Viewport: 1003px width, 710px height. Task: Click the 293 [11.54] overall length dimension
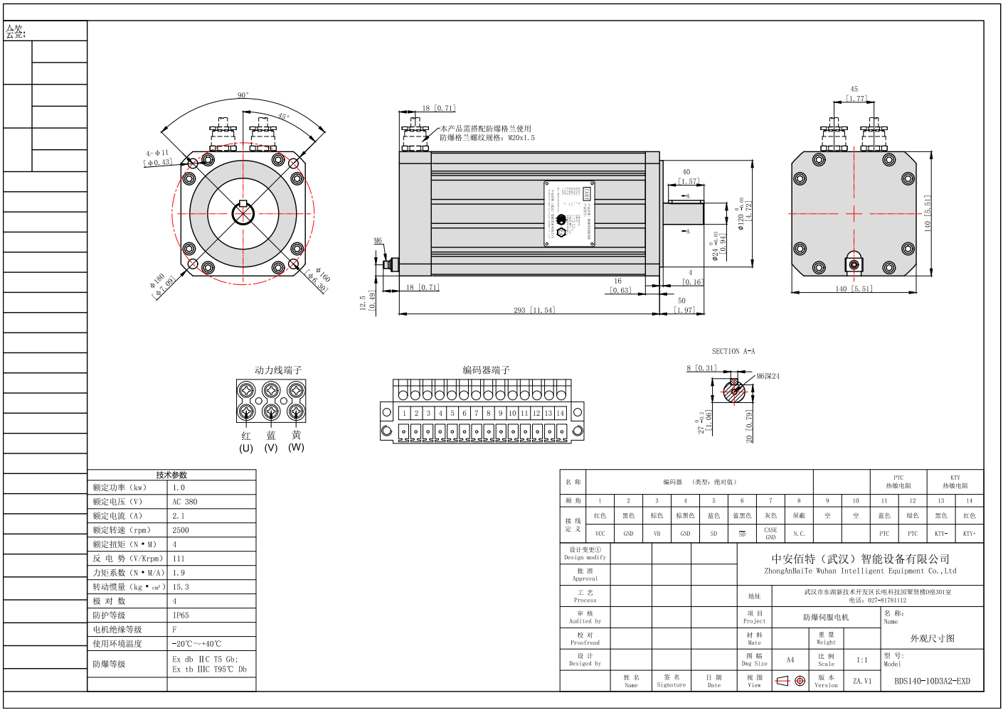[x=534, y=310]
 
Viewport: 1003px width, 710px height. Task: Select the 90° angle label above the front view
[x=243, y=95]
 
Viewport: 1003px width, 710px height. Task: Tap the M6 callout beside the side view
[x=378, y=241]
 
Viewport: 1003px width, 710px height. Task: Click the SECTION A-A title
[x=733, y=351]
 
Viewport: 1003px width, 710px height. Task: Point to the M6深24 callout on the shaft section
[x=768, y=376]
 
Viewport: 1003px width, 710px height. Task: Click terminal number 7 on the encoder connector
[x=477, y=413]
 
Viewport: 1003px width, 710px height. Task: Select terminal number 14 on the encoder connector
[x=561, y=413]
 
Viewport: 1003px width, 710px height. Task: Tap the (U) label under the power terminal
[x=246, y=448]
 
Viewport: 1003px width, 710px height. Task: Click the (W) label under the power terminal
[x=296, y=447]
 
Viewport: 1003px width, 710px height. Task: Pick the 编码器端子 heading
[x=486, y=370]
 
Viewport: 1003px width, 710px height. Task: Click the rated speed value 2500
[x=181, y=530]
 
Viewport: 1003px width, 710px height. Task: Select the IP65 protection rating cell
[x=181, y=615]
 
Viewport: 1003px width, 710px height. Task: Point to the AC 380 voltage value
[x=185, y=502]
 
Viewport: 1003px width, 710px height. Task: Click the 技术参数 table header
[x=171, y=475]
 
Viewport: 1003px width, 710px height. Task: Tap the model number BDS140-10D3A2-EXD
[x=932, y=681]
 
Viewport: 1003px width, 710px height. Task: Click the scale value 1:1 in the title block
[x=862, y=660]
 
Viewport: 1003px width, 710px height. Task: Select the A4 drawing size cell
[x=790, y=660]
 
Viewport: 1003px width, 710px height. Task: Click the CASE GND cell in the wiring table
[x=770, y=533]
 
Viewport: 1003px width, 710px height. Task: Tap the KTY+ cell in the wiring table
[x=970, y=533]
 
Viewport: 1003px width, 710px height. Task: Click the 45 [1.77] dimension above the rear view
[x=854, y=94]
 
